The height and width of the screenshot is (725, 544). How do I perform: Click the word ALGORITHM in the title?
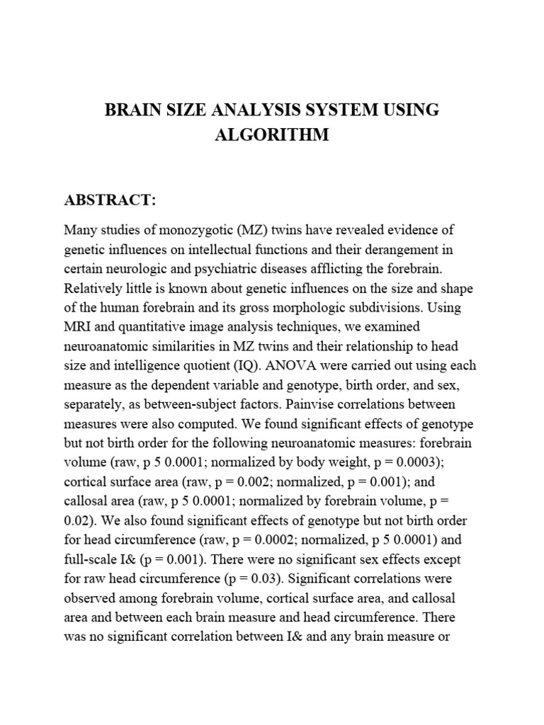pos(272,135)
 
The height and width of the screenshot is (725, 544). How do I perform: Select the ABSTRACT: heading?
pos(110,200)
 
